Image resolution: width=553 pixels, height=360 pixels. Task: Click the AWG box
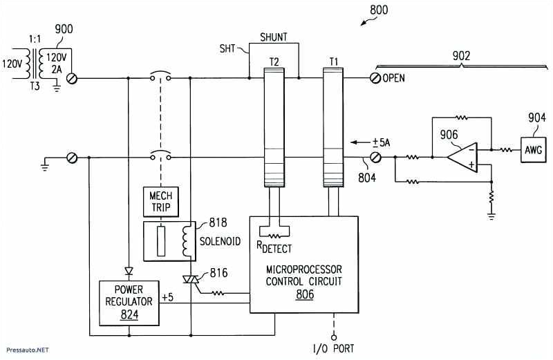(x=533, y=149)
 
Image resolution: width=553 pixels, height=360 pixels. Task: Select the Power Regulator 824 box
(x=129, y=302)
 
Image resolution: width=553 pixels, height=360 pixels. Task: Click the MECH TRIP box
(x=160, y=201)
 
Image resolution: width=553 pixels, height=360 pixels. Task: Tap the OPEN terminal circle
(x=376, y=78)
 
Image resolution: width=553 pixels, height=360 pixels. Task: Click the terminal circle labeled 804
(x=376, y=158)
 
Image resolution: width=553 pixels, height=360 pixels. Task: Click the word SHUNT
(x=274, y=37)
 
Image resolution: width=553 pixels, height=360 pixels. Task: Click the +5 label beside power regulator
(x=167, y=296)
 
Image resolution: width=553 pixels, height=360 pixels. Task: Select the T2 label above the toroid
(x=274, y=61)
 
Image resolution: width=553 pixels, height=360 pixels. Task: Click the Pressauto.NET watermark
(x=26, y=350)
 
